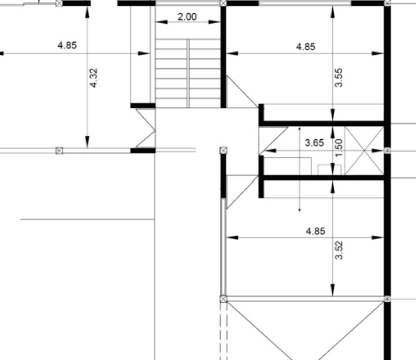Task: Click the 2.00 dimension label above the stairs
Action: pyautogui.click(x=187, y=17)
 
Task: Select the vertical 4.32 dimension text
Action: pyautogui.click(x=94, y=78)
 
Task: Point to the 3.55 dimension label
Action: pyautogui.click(x=339, y=77)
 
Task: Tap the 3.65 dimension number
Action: pyautogui.click(x=314, y=143)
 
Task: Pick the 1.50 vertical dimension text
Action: pyautogui.click(x=339, y=148)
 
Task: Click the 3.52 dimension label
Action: pyautogui.click(x=339, y=250)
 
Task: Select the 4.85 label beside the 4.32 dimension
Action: pyautogui.click(x=67, y=46)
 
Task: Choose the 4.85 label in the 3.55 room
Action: pyautogui.click(x=306, y=47)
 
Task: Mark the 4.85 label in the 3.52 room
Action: pyautogui.click(x=315, y=231)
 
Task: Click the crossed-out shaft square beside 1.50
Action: pyautogui.click(x=364, y=151)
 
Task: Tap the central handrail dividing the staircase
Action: pyautogui.click(x=188, y=73)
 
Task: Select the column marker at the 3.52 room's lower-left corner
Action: pyautogui.click(x=224, y=299)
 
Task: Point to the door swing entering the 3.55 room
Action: pyautogui.click(x=242, y=91)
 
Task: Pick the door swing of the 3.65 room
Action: pyautogui.click(x=273, y=140)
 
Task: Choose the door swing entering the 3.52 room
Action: pyautogui.click(x=242, y=191)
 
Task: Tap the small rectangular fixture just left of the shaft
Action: pyautogui.click(x=329, y=170)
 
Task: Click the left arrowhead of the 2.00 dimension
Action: pyautogui.click(x=161, y=22)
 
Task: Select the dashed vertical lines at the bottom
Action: pyautogui.click(x=224, y=331)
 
